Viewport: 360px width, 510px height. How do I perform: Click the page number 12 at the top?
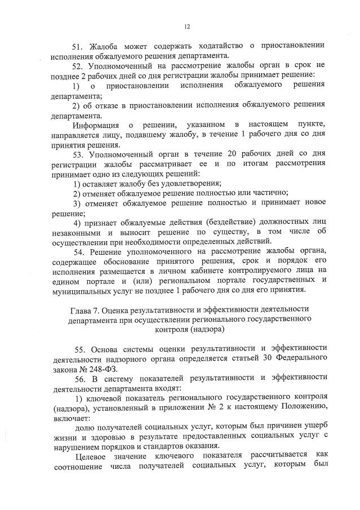coord(186,25)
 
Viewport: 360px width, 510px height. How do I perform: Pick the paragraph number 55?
coord(79,349)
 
